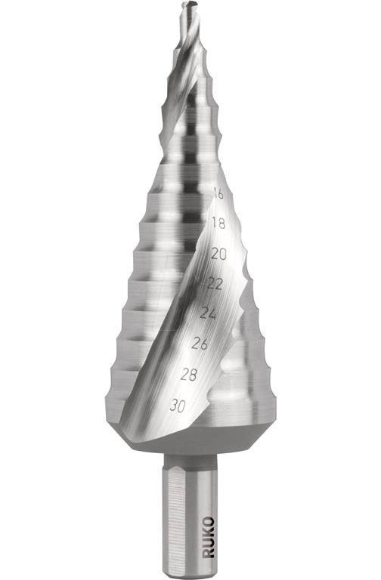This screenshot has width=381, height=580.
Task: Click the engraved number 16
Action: (218, 194)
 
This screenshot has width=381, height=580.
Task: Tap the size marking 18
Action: (218, 224)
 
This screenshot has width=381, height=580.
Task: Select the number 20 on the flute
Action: (218, 254)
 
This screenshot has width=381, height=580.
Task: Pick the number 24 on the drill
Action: (207, 313)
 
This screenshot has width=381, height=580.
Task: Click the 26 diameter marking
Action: (200, 344)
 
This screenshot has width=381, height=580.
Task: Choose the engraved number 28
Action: (190, 374)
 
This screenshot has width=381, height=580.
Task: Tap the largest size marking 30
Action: (178, 406)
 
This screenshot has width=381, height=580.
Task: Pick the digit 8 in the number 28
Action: (195, 374)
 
